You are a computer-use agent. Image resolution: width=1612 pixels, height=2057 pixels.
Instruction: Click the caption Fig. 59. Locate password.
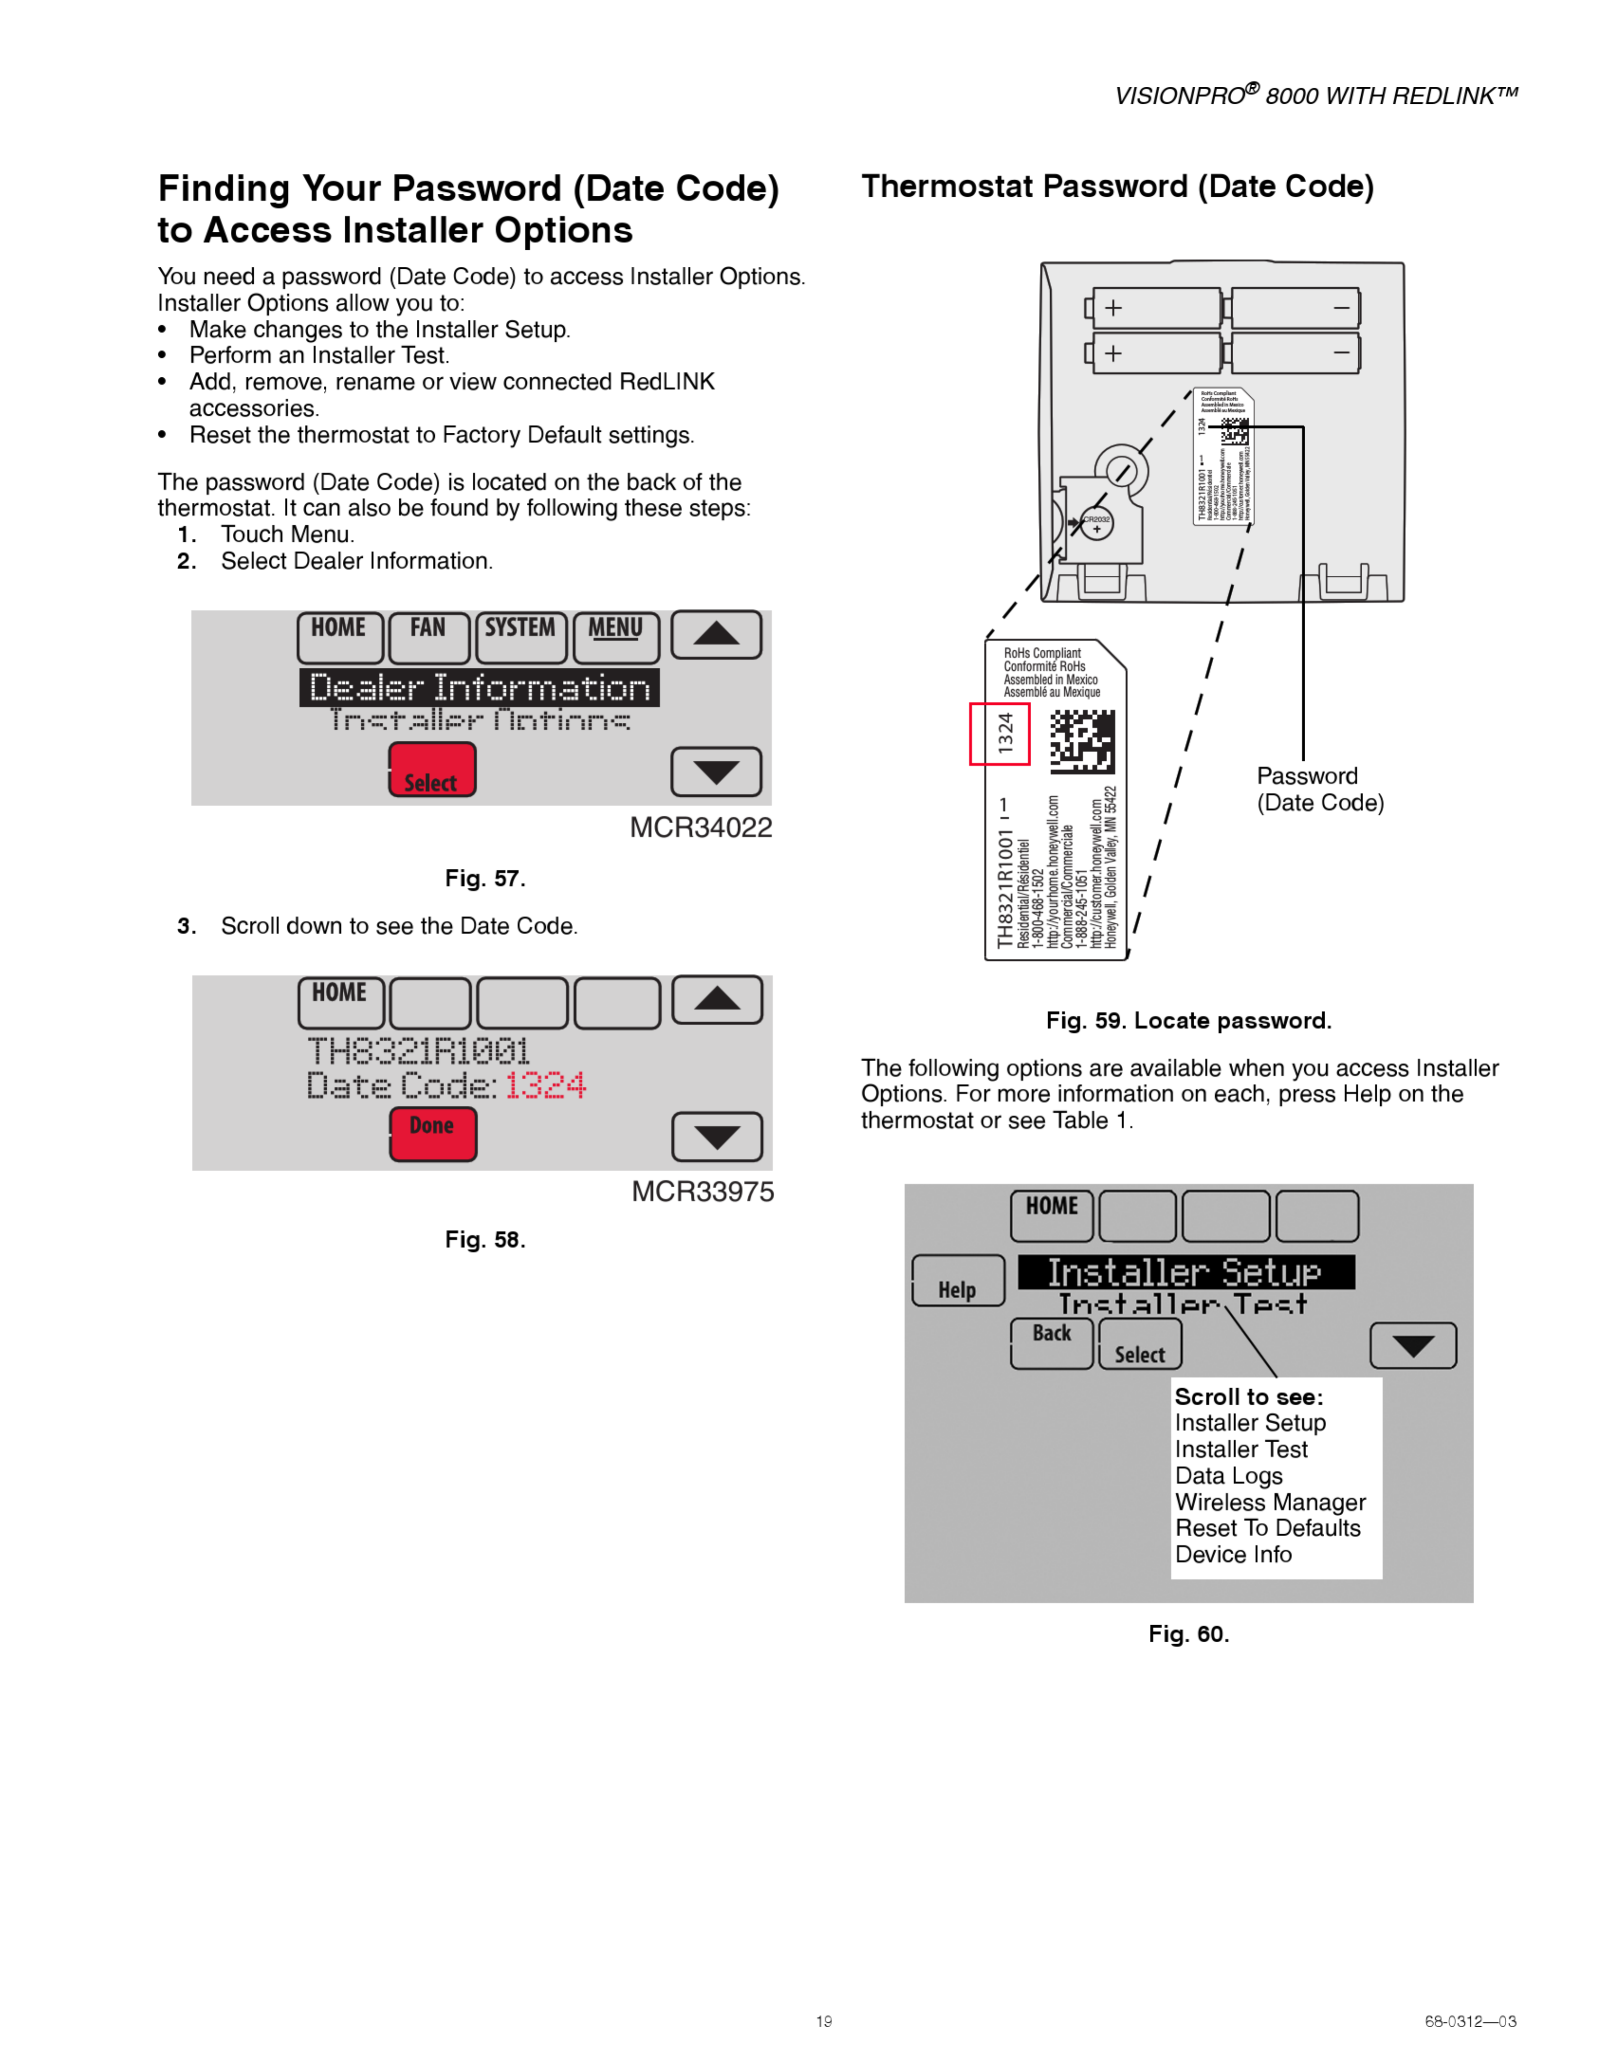point(1188,1020)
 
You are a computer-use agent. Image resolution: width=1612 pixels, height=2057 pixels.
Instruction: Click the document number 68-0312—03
point(1469,2021)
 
